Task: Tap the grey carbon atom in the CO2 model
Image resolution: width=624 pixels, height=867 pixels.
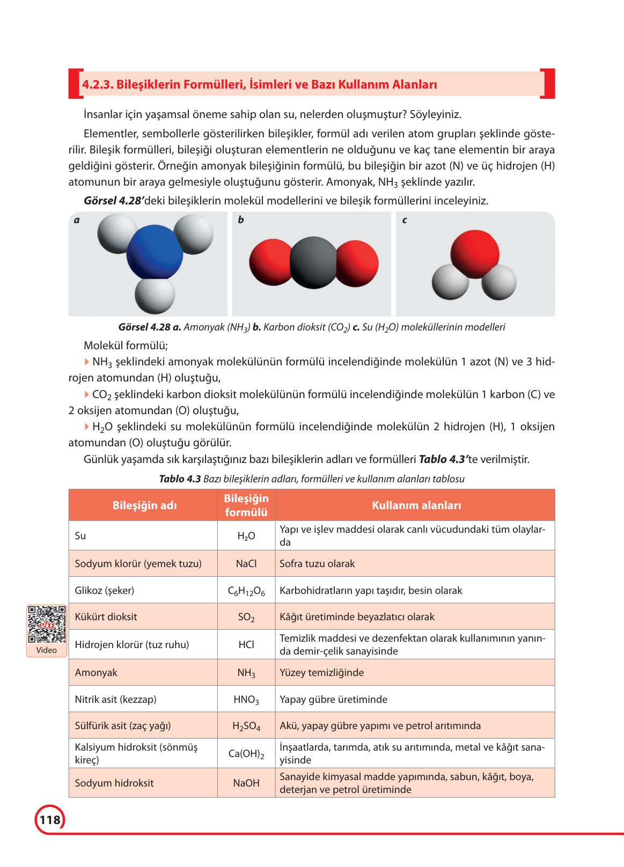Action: pos(313,262)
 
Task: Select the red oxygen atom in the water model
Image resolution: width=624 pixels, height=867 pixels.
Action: pos(475,253)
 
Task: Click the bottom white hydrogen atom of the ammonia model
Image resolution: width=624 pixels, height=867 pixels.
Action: pos(155,295)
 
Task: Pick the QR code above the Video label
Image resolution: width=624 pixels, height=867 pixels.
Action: pos(47,624)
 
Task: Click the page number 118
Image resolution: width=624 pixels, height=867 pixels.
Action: pos(50,820)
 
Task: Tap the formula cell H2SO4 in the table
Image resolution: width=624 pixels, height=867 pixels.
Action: pos(246,726)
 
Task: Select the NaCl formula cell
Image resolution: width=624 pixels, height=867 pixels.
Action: pos(246,564)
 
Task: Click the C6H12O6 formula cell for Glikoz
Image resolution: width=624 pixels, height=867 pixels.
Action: pos(246,591)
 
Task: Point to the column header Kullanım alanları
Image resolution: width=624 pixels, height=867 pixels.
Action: pos(416,505)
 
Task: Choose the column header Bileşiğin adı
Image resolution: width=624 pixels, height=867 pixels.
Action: pos(144,505)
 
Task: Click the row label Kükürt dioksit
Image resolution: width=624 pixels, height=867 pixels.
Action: pos(106,617)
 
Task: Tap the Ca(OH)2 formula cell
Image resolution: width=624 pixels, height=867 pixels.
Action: pos(246,754)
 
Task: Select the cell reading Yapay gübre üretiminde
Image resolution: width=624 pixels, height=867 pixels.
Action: pos(333,700)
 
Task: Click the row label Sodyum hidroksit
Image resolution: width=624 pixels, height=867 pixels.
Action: pos(114,783)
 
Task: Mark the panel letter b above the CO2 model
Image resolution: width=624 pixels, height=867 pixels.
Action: pos(241,220)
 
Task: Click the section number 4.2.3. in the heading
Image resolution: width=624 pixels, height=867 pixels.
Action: pos(98,85)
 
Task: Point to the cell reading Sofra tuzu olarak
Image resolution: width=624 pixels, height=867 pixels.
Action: pos(317,564)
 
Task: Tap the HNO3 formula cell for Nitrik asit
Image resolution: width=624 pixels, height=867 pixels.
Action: pos(246,700)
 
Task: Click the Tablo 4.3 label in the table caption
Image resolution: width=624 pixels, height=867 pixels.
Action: pos(180,479)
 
